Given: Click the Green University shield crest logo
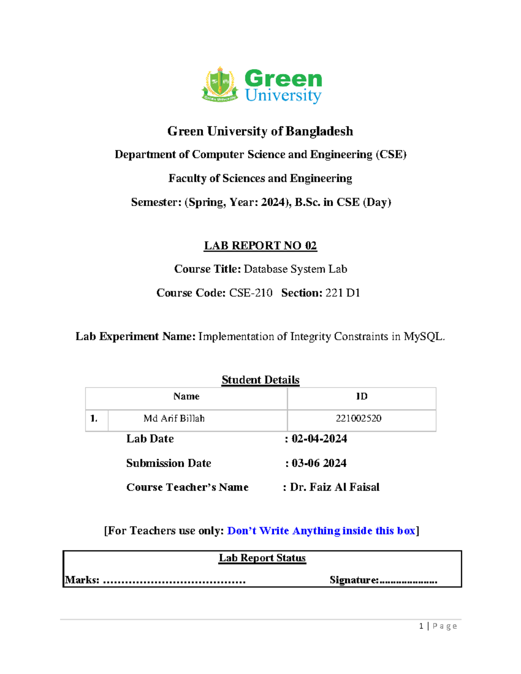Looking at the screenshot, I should (x=220, y=84).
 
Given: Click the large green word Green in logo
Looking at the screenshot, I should (x=283, y=79).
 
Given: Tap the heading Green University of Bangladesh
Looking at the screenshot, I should (x=260, y=131).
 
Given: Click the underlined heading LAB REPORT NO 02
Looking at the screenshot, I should (x=260, y=246).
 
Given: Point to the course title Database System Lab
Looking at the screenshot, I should (x=295, y=269).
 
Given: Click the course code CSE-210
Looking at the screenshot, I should (x=251, y=293).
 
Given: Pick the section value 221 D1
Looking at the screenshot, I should (x=343, y=293).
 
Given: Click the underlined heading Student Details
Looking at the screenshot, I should (x=260, y=380).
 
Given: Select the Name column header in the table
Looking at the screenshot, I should (x=186, y=396).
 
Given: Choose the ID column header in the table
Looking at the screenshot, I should (x=361, y=396).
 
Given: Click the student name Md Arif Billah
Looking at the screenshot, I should (x=174, y=418).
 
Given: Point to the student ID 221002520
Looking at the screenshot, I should (x=358, y=418).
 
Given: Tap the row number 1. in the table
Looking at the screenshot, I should (x=94, y=418).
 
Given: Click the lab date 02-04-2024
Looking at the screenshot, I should (x=319, y=439).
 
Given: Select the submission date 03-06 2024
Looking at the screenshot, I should (x=319, y=463).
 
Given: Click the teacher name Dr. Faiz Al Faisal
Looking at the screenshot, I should (x=334, y=487).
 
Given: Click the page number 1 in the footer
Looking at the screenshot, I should (x=421, y=626).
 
